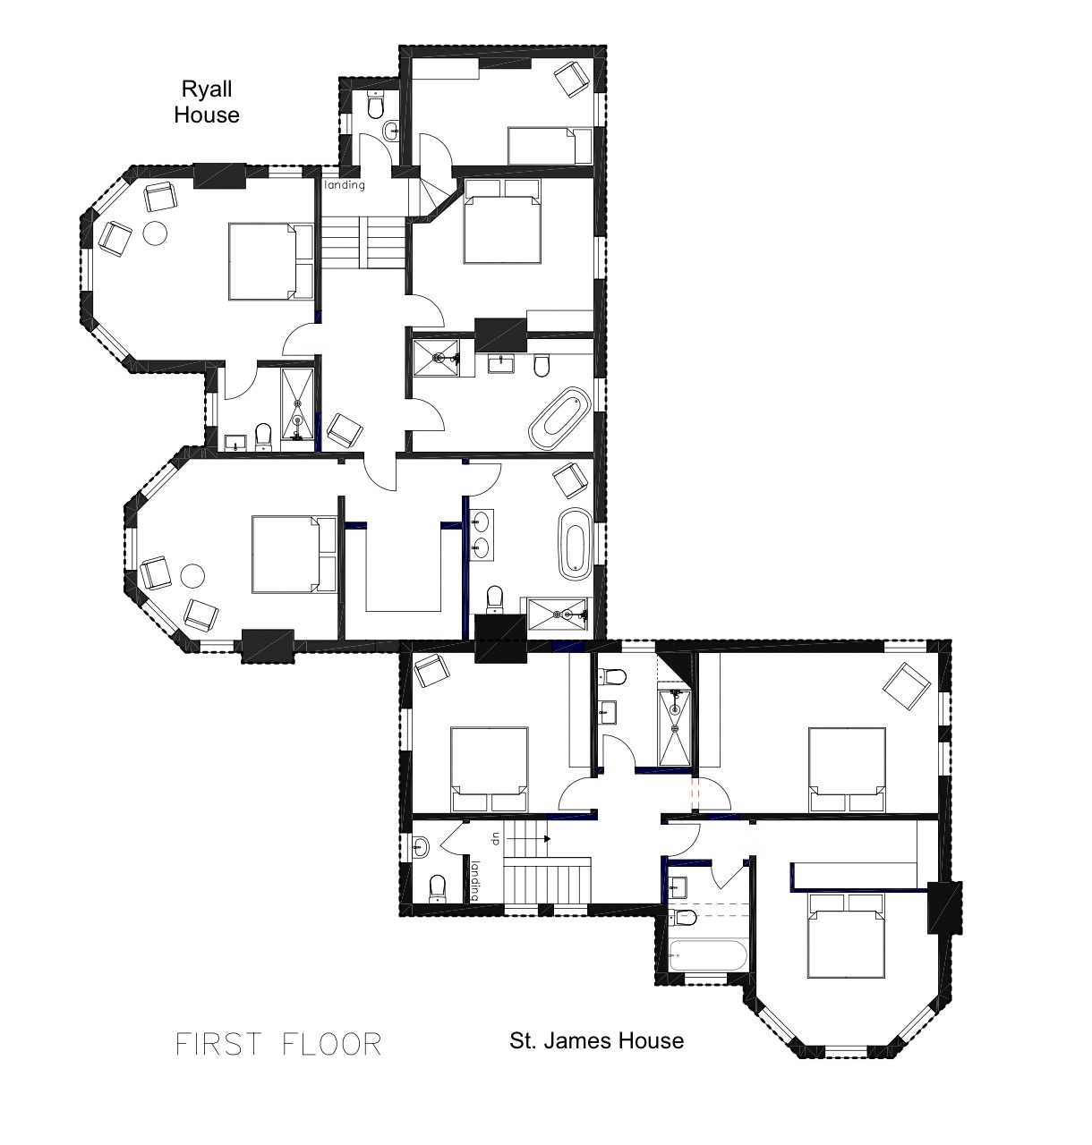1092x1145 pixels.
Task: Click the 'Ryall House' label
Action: [207, 102]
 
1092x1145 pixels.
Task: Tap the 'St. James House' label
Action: [597, 1040]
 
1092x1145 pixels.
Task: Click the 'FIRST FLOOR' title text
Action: [278, 1044]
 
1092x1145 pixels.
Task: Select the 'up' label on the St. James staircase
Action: [497, 839]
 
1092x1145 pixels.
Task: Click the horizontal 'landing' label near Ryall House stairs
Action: [345, 184]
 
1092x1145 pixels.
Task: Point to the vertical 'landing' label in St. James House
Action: [475, 880]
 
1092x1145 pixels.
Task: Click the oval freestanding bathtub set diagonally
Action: [559, 418]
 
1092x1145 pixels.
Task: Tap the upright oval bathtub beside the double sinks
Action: [576, 544]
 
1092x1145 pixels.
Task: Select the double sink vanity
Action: [482, 534]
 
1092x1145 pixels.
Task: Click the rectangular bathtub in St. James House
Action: [707, 955]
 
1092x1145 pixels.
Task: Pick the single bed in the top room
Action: [550, 146]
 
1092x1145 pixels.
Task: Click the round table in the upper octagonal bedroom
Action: [155, 233]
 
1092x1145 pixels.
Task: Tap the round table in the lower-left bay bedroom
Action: [192, 576]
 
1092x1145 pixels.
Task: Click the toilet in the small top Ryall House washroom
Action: [375, 106]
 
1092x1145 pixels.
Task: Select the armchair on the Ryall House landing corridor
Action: [345, 431]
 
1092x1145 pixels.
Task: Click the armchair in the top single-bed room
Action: [572, 80]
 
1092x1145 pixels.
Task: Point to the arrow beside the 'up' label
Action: [529, 839]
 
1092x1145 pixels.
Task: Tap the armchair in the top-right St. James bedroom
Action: [907, 686]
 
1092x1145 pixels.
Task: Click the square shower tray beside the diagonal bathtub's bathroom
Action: [436, 358]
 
